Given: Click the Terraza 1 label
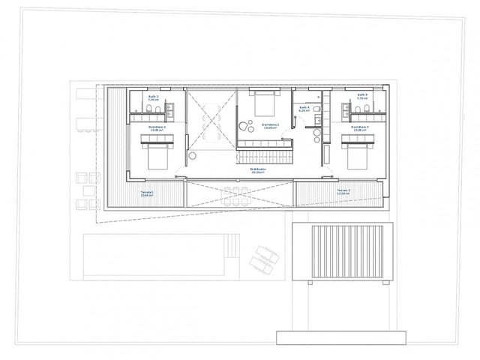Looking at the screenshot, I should click(x=148, y=193).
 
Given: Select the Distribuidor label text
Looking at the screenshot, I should click(x=259, y=170).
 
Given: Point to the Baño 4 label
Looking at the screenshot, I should click(x=304, y=109).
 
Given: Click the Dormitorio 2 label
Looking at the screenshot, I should click(x=157, y=128).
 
